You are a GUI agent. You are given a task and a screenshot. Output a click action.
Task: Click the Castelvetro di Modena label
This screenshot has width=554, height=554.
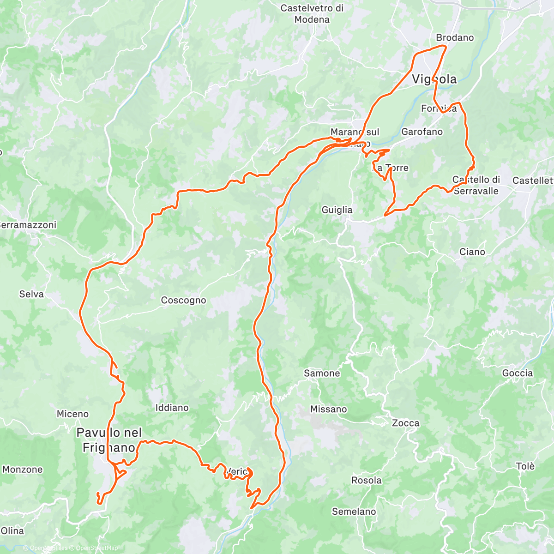(x=312, y=14)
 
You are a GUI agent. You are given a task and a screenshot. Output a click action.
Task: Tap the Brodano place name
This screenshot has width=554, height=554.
(x=455, y=37)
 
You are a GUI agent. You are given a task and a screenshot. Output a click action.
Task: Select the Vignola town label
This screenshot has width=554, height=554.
(x=434, y=79)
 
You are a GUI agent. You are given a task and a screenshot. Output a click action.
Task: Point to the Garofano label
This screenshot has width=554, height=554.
(x=422, y=132)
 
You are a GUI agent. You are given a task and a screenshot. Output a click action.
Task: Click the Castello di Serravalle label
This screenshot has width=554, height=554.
(x=476, y=185)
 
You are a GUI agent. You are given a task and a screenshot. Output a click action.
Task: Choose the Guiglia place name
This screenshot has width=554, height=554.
(x=337, y=210)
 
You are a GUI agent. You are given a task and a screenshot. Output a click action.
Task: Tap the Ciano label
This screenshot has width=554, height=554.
(x=472, y=252)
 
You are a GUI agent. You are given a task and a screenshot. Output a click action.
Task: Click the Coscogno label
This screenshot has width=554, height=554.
(x=183, y=300)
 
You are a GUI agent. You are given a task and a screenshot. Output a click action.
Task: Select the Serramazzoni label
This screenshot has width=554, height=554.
(x=28, y=225)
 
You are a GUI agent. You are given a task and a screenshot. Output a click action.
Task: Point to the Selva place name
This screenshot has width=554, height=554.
(x=31, y=294)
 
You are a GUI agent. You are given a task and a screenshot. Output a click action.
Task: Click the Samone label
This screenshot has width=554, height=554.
(x=322, y=373)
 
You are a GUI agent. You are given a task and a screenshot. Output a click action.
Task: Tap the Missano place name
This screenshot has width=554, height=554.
(x=328, y=409)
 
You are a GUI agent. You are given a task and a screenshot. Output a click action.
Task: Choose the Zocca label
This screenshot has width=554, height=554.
(x=405, y=423)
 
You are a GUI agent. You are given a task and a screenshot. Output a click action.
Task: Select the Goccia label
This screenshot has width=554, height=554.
(x=517, y=373)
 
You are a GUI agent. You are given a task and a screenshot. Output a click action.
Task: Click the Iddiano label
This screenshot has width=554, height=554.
(x=172, y=408)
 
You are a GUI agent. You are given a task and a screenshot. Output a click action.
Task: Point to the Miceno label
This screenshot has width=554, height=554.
(x=72, y=414)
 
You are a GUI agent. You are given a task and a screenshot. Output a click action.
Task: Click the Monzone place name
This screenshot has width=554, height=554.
(x=22, y=470)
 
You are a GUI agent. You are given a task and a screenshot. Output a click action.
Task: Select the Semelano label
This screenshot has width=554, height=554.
(x=354, y=512)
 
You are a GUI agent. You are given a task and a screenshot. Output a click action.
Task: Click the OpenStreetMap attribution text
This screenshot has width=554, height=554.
(x=97, y=548)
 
